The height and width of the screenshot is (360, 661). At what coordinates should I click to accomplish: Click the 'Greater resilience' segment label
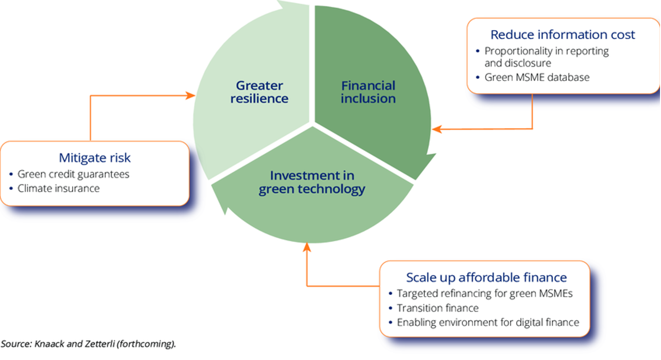pos(259,92)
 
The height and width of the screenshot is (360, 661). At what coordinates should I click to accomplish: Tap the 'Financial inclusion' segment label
pos(368,92)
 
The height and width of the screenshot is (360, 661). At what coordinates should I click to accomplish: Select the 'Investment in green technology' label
pos(312,182)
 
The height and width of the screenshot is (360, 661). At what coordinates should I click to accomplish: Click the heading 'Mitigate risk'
pos(95,158)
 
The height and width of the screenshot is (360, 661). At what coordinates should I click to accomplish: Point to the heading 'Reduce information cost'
pos(563,35)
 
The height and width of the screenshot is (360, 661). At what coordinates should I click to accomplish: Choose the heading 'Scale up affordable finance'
pos(486,278)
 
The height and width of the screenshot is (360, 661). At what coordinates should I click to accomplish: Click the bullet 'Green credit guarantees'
pos(73,174)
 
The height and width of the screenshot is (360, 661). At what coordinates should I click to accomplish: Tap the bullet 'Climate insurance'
pos(58,188)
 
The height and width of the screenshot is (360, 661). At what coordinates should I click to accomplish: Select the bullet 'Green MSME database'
pos(537,77)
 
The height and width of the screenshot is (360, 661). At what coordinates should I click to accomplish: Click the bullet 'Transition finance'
pos(437,308)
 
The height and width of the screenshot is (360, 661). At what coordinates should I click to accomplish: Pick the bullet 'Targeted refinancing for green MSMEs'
pos(485,294)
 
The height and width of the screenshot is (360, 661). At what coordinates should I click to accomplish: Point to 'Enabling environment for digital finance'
pos(487,322)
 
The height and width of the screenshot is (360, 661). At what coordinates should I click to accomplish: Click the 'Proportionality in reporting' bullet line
pos(546,51)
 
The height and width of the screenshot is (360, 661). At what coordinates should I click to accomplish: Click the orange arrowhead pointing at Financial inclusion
pos(436,129)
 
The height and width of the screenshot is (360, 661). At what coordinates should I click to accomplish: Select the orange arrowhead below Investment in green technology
pos(307,247)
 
